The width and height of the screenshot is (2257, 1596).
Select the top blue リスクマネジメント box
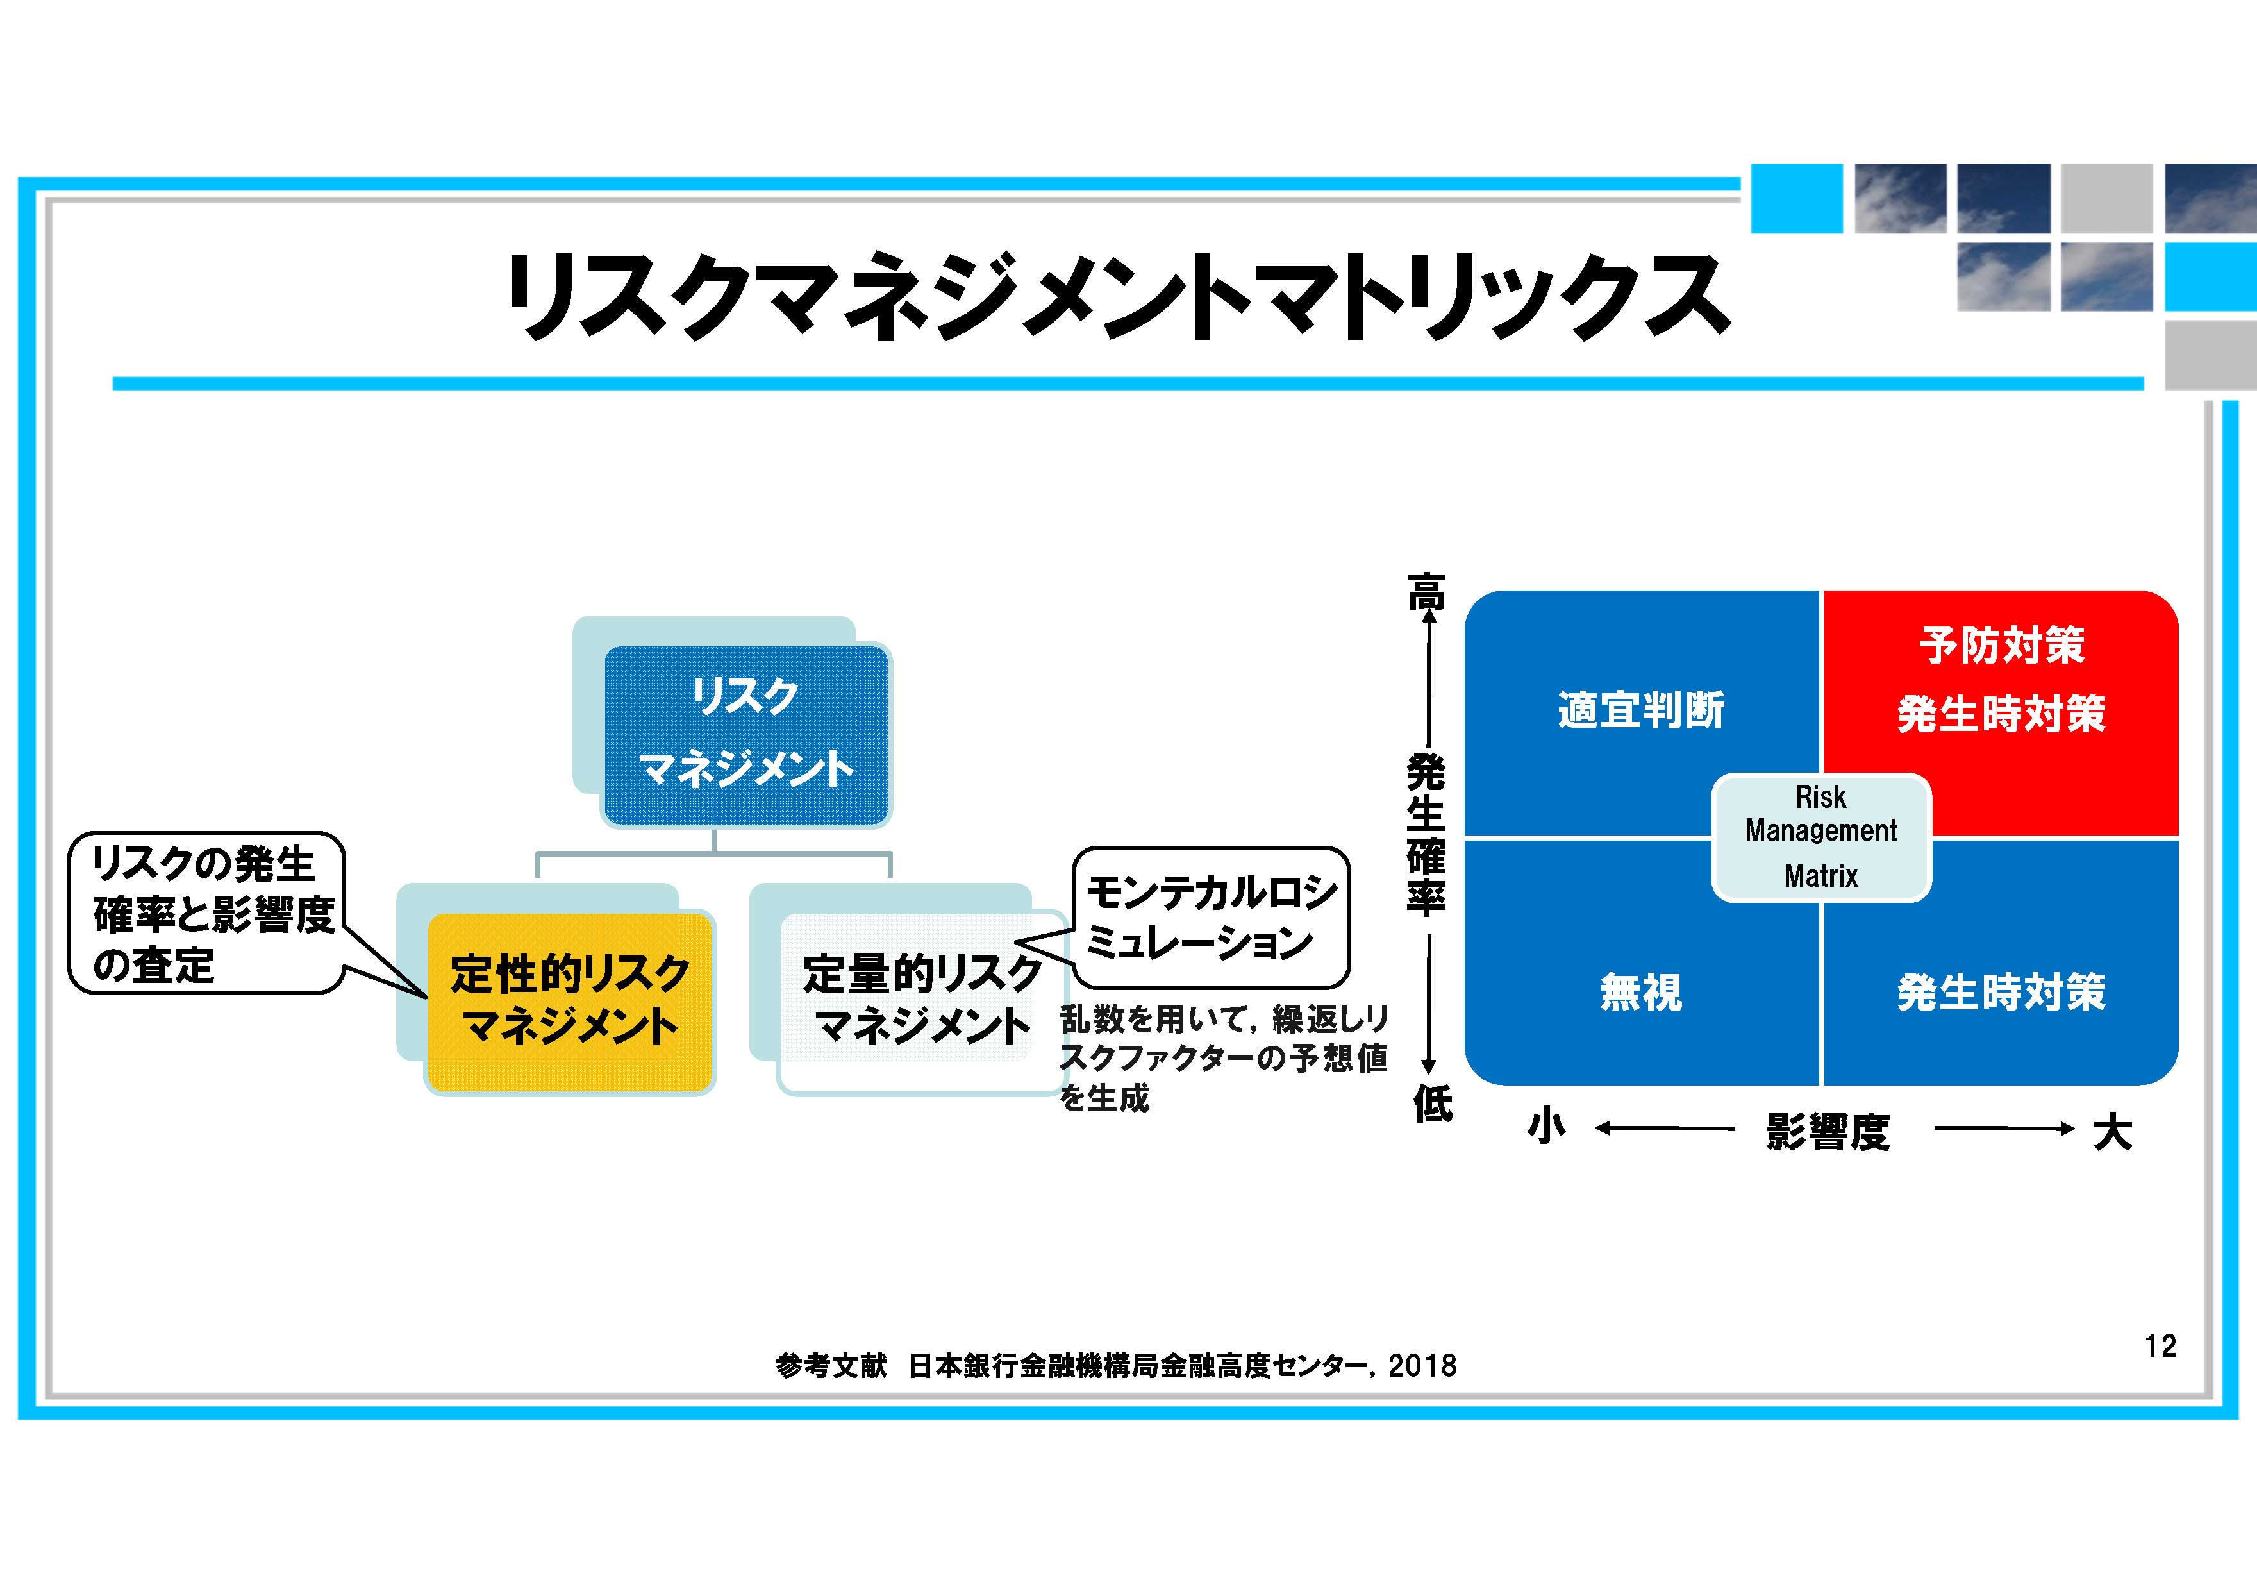tap(746, 735)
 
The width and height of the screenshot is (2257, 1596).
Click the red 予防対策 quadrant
tap(2001, 713)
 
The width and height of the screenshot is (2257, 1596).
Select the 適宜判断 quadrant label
tap(1640, 710)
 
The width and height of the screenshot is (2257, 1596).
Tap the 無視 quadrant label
tap(1640, 991)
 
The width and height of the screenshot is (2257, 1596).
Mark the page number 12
tap(2161, 1345)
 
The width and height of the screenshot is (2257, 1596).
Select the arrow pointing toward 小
tap(1664, 1129)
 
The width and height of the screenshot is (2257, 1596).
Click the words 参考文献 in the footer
tap(831, 1365)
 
